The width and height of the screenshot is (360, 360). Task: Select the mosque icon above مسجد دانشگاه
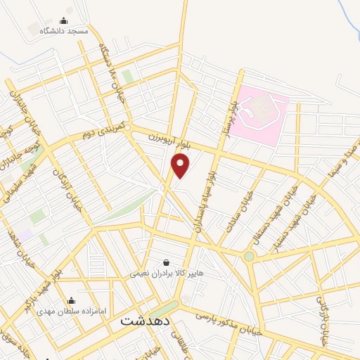(x=64, y=21)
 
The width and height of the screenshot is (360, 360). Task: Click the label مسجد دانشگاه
(x=64, y=32)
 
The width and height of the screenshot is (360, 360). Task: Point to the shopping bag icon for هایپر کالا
(x=165, y=262)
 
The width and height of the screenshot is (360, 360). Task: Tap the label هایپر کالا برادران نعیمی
(x=166, y=272)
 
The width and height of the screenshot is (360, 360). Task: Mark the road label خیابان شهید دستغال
(x=281, y=205)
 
